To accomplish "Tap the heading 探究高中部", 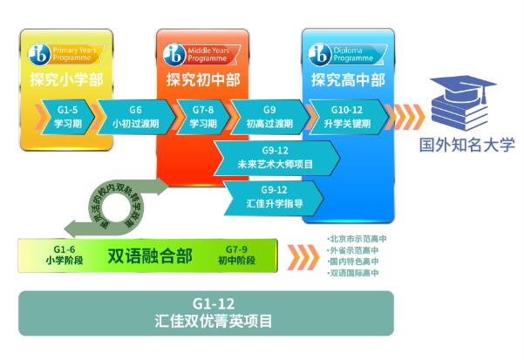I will click(x=347, y=80).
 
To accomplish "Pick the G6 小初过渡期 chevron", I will click(x=134, y=116).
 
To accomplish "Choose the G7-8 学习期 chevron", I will click(x=201, y=116).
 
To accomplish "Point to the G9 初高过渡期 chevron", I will click(x=269, y=116).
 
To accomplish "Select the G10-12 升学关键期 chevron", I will click(x=346, y=116).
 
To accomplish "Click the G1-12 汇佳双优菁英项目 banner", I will click(x=206, y=312).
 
